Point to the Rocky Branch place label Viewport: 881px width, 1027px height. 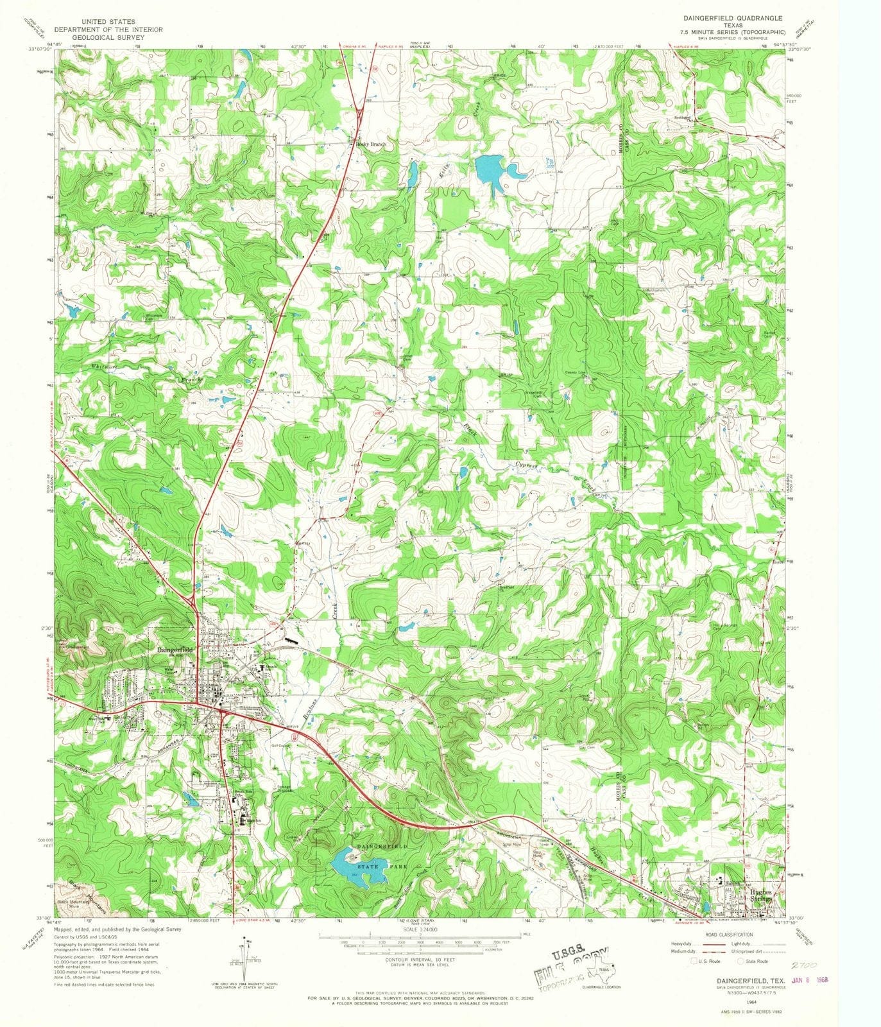pos(372,144)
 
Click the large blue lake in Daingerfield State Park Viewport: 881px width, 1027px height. pos(350,867)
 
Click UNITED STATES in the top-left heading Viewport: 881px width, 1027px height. pos(108,22)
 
